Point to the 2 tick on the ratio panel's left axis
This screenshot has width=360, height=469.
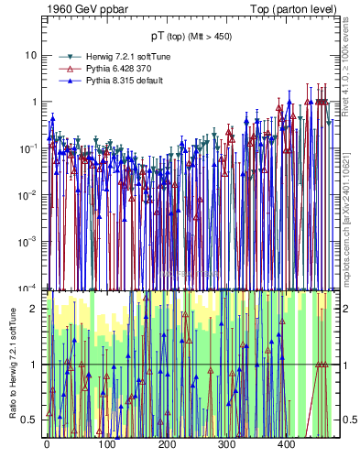(36, 308)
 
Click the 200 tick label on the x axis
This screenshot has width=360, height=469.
(166, 444)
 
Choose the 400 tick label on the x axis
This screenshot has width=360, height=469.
(286, 444)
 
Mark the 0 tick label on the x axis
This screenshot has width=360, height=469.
(47, 444)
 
